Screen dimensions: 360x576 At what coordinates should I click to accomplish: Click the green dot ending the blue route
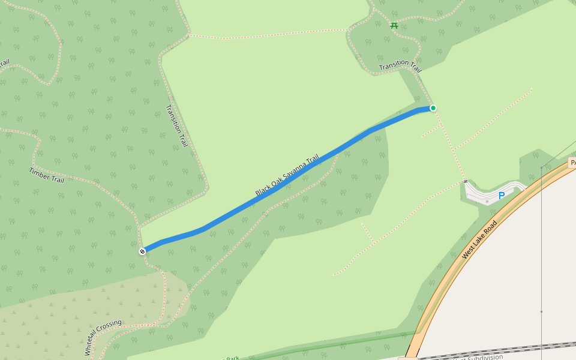pyautogui.click(x=433, y=108)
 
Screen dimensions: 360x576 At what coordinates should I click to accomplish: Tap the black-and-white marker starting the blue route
pyautogui.click(x=142, y=251)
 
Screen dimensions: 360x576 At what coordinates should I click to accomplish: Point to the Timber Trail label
pyautogui.click(x=46, y=175)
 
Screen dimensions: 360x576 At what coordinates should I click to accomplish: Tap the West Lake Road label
pyautogui.click(x=479, y=240)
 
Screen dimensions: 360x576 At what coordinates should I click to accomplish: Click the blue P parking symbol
pyautogui.click(x=502, y=196)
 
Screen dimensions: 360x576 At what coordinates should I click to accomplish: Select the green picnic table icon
pyautogui.click(x=394, y=25)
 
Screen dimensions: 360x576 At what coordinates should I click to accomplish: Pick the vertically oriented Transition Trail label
pyautogui.click(x=176, y=127)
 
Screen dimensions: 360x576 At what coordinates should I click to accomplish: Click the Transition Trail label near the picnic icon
pyautogui.click(x=400, y=65)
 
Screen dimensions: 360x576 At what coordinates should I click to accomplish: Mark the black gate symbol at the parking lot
pyautogui.click(x=465, y=180)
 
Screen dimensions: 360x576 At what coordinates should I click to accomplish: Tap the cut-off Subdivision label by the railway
pyautogui.click(x=477, y=357)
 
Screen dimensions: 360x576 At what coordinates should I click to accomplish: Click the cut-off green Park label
pyautogui.click(x=232, y=358)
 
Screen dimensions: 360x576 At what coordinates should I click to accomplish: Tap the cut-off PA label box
pyautogui.click(x=572, y=163)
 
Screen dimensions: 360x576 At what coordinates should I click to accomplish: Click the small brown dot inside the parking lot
pyautogui.click(x=487, y=201)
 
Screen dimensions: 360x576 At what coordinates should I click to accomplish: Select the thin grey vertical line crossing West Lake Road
pyautogui.click(x=541, y=252)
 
